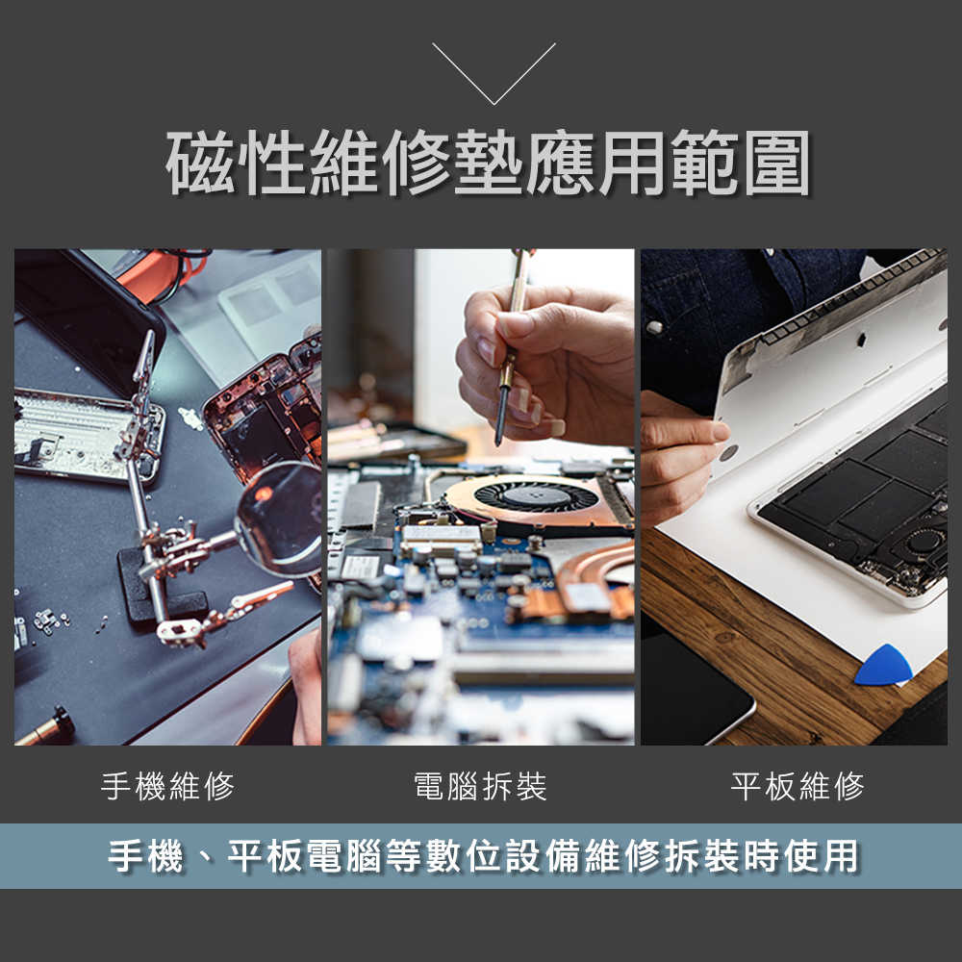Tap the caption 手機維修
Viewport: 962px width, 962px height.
(167, 787)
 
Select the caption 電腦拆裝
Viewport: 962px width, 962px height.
(480, 787)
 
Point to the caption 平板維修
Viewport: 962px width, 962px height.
(797, 787)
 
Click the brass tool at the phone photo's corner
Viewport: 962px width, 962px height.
(43, 727)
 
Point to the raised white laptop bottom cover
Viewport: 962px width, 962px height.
(827, 356)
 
